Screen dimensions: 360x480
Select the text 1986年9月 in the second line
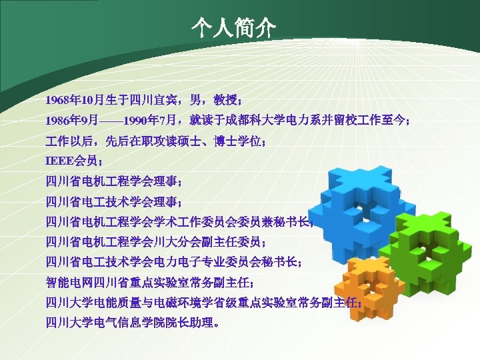pos(71,121)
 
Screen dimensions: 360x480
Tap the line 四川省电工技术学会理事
pos(113,201)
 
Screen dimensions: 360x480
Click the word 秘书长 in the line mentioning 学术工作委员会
pos(292,221)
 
